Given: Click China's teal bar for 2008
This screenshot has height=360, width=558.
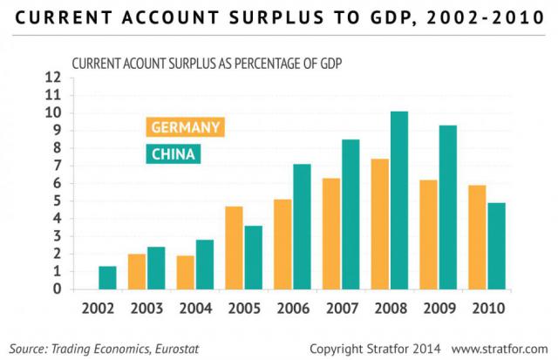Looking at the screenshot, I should coord(398,200).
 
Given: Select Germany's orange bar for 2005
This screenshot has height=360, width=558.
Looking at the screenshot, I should coord(234,248).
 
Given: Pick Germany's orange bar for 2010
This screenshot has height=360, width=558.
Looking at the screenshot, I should coord(476,237).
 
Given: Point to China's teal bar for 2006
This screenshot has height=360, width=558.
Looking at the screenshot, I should coord(302,227).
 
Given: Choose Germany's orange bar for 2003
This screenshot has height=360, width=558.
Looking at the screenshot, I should coord(137,271).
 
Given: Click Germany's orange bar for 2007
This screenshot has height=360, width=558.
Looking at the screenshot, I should coord(330,234).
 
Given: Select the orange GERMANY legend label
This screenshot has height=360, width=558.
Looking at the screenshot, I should coord(185,127).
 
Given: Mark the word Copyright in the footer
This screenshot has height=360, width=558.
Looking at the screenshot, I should coord(341,348).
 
